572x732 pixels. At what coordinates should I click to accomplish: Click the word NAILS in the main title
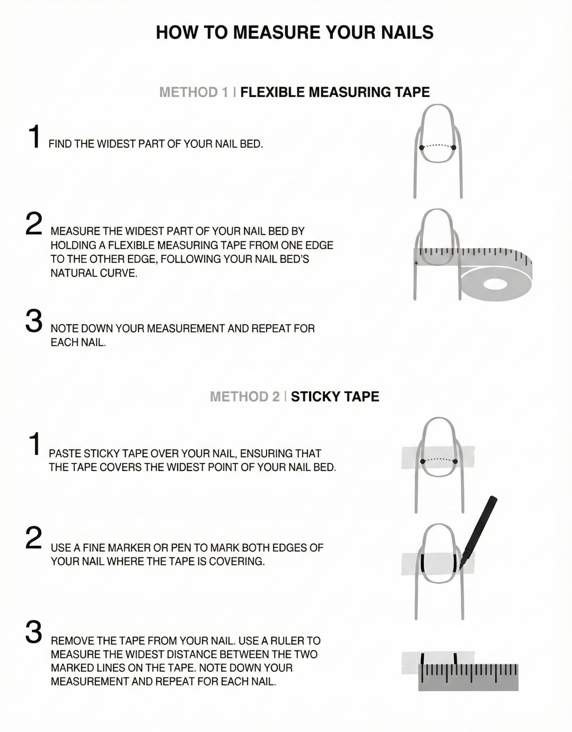400,33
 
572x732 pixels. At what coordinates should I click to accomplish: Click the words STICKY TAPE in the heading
335,396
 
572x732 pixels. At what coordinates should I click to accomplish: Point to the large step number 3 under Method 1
34,321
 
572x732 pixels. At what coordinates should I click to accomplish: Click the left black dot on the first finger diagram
421,148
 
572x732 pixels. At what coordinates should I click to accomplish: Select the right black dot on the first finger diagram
454,148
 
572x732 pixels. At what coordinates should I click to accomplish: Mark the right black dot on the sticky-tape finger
455,462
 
